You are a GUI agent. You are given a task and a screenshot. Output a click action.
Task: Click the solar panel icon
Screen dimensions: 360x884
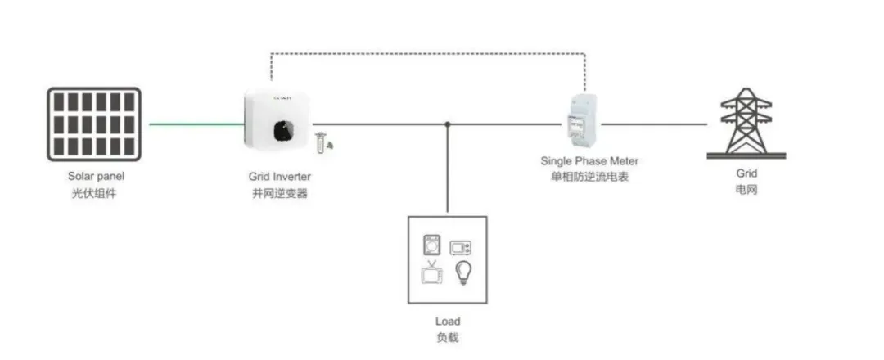pyautogui.click(x=93, y=124)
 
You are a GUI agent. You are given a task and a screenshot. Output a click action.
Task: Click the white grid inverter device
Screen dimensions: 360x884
pyautogui.click(x=276, y=120)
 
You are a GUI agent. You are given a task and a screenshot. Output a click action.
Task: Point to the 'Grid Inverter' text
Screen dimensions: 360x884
pyautogui.click(x=280, y=176)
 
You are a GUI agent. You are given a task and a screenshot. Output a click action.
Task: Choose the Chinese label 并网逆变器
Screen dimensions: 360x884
pyautogui.click(x=280, y=194)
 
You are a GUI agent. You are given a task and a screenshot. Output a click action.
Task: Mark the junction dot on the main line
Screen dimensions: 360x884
pyautogui.click(x=448, y=124)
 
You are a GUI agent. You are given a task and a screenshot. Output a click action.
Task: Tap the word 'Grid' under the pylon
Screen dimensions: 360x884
pyautogui.click(x=746, y=173)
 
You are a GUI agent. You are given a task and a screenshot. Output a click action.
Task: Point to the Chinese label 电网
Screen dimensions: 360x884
pyautogui.click(x=746, y=189)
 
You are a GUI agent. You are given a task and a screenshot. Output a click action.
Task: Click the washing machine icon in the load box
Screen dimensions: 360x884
pyautogui.click(x=431, y=245)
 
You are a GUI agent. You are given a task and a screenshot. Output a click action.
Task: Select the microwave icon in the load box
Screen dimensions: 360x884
pyautogui.click(x=462, y=247)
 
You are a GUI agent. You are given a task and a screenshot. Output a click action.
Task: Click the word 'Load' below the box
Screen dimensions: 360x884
pyautogui.click(x=447, y=322)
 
